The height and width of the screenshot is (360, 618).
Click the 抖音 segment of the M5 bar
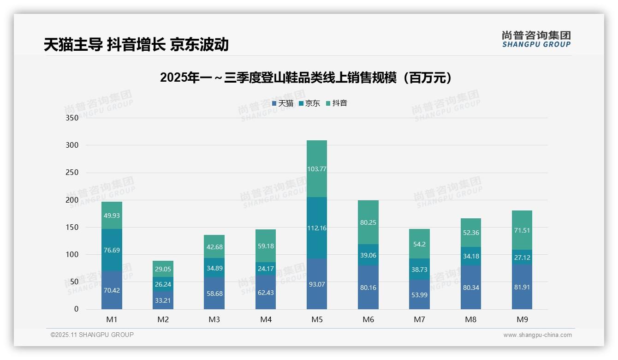click(x=316, y=169)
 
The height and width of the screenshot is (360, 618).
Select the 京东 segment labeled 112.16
click(x=316, y=228)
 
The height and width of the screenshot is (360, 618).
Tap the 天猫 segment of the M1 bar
click(x=112, y=290)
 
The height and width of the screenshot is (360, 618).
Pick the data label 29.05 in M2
click(x=163, y=269)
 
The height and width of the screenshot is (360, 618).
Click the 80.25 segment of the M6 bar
click(x=368, y=222)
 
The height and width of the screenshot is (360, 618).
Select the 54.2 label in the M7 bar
click(x=419, y=244)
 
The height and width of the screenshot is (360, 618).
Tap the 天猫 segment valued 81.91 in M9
click(x=522, y=289)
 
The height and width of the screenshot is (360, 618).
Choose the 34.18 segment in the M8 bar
click(x=470, y=256)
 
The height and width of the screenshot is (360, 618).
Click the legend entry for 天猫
click(x=282, y=103)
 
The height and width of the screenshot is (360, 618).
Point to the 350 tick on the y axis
click(x=72, y=118)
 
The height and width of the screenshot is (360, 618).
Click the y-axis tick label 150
click(x=72, y=228)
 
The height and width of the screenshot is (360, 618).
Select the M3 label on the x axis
click(x=214, y=319)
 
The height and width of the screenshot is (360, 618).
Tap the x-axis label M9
click(x=522, y=319)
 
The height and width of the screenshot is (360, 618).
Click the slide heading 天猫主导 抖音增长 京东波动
click(x=136, y=44)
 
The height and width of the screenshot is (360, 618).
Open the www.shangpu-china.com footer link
click(x=537, y=335)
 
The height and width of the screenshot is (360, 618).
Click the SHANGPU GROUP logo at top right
click(x=536, y=39)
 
